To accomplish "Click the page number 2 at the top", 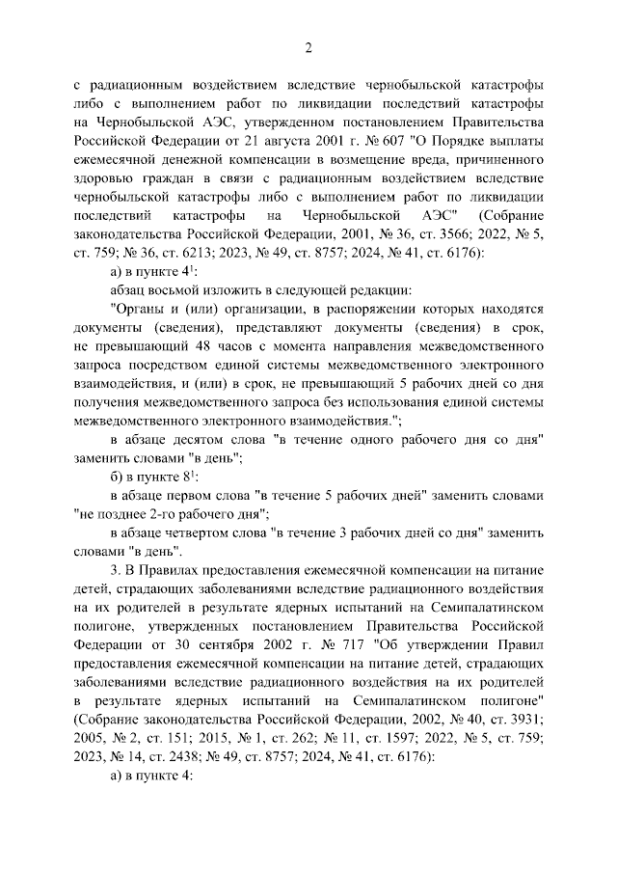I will [308, 48].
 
